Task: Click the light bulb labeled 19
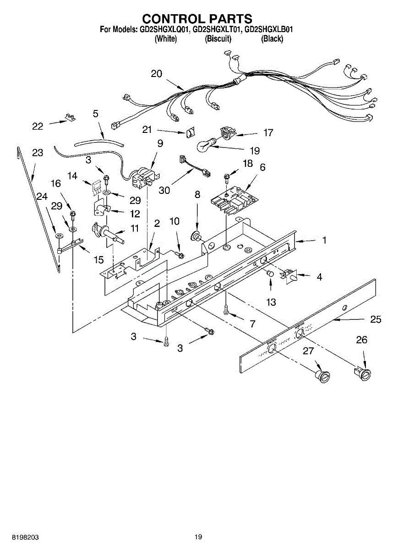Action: click(x=206, y=145)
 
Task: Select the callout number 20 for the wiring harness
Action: click(x=157, y=74)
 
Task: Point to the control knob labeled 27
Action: click(x=323, y=375)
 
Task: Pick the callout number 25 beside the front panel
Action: click(x=376, y=319)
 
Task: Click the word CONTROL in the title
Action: click(x=169, y=19)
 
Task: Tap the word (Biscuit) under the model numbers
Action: click(x=218, y=39)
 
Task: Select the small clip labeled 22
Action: click(x=71, y=117)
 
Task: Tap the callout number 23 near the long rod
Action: click(x=38, y=153)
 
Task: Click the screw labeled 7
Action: click(x=226, y=310)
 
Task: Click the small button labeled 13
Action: click(x=270, y=274)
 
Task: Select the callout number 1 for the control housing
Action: click(x=324, y=240)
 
